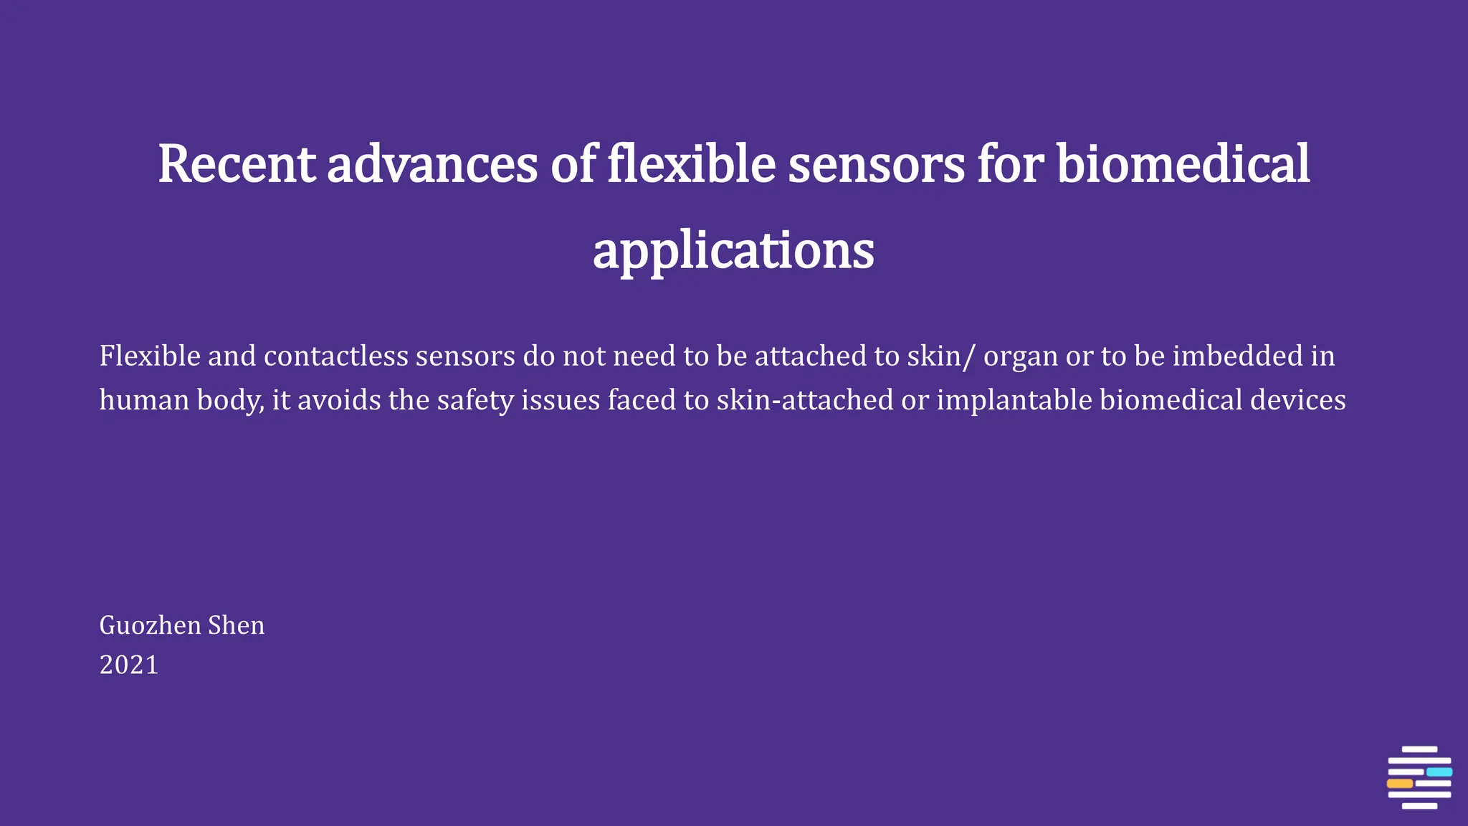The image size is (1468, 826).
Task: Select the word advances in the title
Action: tap(432, 164)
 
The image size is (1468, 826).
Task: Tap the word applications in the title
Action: tap(733, 251)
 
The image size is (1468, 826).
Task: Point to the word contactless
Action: tap(336, 356)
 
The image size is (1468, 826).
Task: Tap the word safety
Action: tap(475, 401)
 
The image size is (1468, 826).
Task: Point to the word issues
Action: tap(561, 400)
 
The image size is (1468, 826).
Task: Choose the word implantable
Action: tap(1014, 401)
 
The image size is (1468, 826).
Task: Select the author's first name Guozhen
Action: tap(150, 626)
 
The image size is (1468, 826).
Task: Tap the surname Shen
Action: tap(236, 625)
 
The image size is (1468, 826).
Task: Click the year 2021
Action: tap(129, 665)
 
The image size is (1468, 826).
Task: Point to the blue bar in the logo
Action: tap(1439, 772)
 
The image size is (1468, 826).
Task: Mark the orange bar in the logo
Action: tap(1400, 784)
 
